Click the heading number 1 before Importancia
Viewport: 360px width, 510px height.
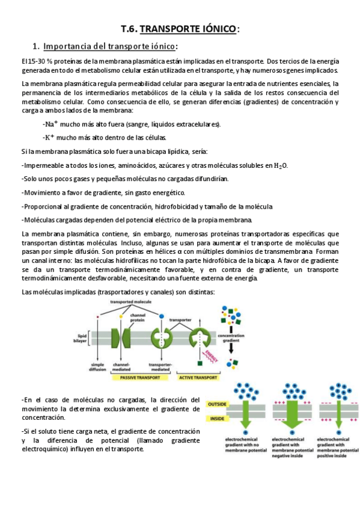click(35, 46)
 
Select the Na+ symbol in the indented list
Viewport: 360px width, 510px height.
click(50, 124)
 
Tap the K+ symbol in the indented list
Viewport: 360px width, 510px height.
click(49, 137)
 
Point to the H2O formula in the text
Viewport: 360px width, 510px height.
click(281, 165)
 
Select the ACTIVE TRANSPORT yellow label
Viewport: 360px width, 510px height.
click(198, 378)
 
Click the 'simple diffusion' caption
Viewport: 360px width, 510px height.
click(98, 366)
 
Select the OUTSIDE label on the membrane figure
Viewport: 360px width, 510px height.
click(218, 404)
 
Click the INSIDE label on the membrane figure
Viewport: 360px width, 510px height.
click(216, 418)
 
